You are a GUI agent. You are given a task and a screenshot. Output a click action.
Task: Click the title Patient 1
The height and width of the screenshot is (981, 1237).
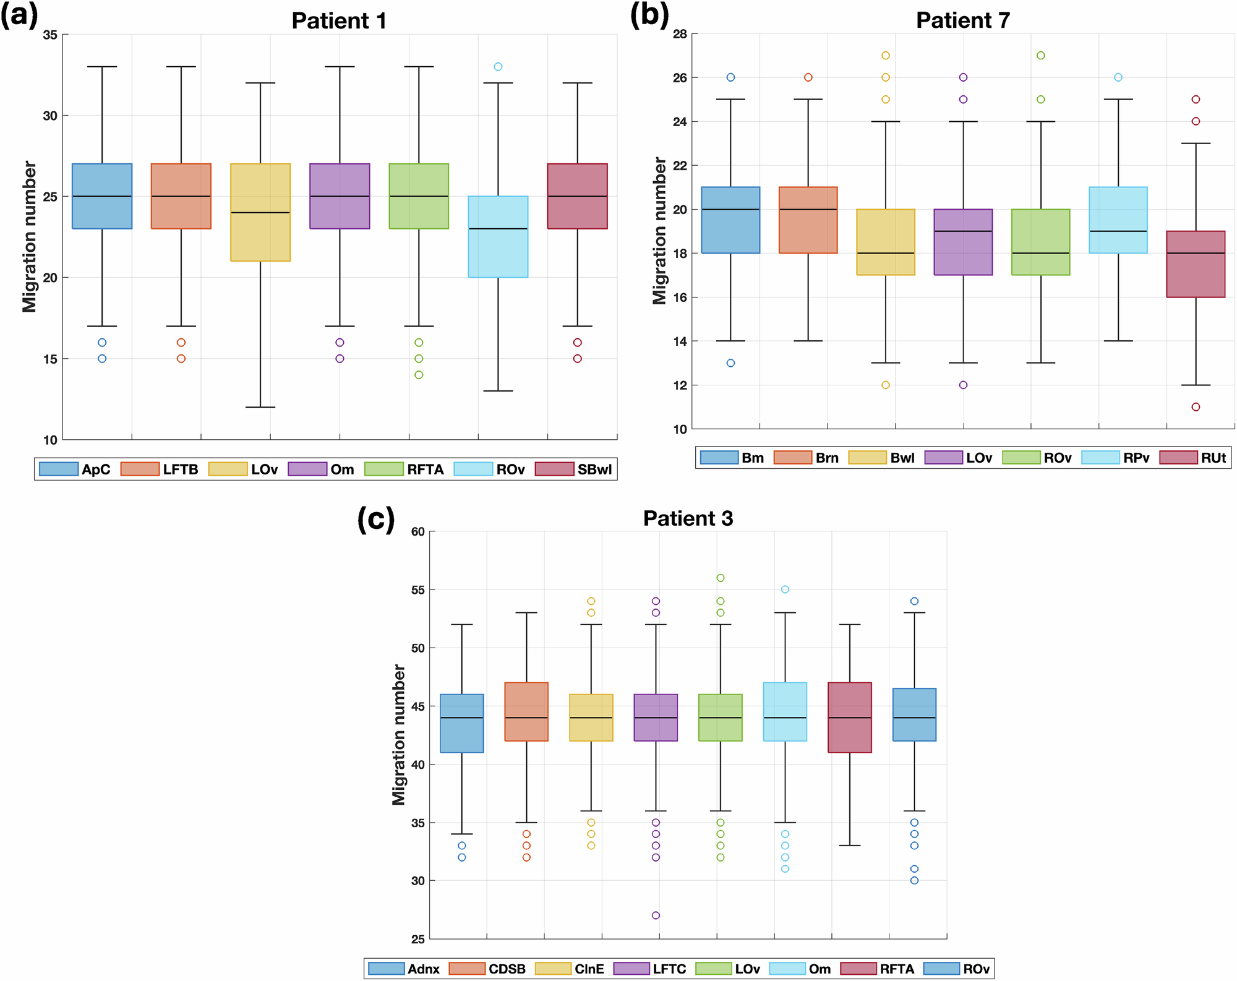pyautogui.click(x=338, y=21)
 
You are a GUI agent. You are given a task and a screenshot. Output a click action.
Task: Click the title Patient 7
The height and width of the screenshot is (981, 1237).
pyautogui.click(x=962, y=20)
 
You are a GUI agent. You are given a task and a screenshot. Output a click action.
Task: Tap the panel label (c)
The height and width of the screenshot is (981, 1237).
pyautogui.click(x=375, y=520)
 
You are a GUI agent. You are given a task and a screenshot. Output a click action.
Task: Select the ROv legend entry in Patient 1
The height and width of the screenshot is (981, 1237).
pyautogui.click(x=489, y=469)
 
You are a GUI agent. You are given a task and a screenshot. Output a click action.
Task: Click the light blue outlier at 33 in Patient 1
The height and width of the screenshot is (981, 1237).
pyautogui.click(x=498, y=67)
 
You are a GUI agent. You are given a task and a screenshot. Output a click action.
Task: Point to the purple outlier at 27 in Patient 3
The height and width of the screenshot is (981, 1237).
pyautogui.click(x=656, y=915)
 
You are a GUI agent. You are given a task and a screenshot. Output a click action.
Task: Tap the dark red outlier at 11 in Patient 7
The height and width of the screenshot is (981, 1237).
pyautogui.click(x=1196, y=407)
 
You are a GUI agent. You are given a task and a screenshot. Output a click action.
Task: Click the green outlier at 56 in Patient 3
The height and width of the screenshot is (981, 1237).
pyautogui.click(x=721, y=578)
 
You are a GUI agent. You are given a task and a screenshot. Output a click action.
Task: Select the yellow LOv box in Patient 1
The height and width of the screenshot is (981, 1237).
pyautogui.click(x=260, y=212)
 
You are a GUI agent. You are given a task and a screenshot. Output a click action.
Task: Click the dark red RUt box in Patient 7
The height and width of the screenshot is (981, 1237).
pyautogui.click(x=1196, y=264)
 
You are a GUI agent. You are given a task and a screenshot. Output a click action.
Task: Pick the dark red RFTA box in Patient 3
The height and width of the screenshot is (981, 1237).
pyautogui.click(x=850, y=718)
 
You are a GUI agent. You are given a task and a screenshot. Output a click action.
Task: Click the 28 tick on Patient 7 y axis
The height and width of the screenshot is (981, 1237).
pyautogui.click(x=680, y=34)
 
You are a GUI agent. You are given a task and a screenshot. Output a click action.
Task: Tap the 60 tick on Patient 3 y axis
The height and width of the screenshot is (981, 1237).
pyautogui.click(x=417, y=532)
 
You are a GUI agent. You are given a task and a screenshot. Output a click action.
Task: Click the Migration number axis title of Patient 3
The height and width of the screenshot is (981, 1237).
pyautogui.click(x=399, y=735)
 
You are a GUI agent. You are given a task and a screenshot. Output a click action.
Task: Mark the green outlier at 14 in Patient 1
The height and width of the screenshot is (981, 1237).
pyautogui.click(x=419, y=375)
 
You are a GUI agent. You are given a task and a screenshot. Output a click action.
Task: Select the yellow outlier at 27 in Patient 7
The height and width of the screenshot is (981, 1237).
pyautogui.click(x=885, y=56)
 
